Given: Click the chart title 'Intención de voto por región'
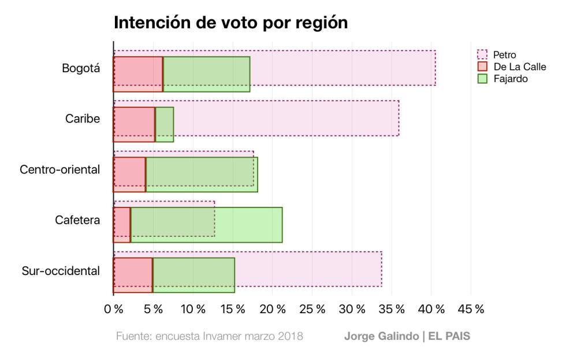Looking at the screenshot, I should [x=230, y=23].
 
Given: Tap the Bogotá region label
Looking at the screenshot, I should [x=81, y=68].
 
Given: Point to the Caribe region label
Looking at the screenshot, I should [x=83, y=118].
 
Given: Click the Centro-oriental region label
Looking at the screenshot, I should [x=60, y=169].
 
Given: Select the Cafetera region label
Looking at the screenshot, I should [x=77, y=220].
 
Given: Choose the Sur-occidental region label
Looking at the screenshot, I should [x=61, y=270].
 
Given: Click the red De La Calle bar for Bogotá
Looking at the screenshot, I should [x=138, y=75].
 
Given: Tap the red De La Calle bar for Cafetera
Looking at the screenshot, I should [x=122, y=225].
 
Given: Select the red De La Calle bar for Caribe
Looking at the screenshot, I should [x=134, y=125].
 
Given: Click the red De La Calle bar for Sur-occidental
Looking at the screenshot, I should [x=133, y=276].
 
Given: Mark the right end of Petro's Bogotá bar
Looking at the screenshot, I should [x=435, y=68].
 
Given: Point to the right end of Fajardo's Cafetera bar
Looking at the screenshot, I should [x=282, y=225].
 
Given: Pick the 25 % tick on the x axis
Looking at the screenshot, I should [x=312, y=309].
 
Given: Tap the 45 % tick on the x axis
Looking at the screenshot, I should [x=471, y=309].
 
